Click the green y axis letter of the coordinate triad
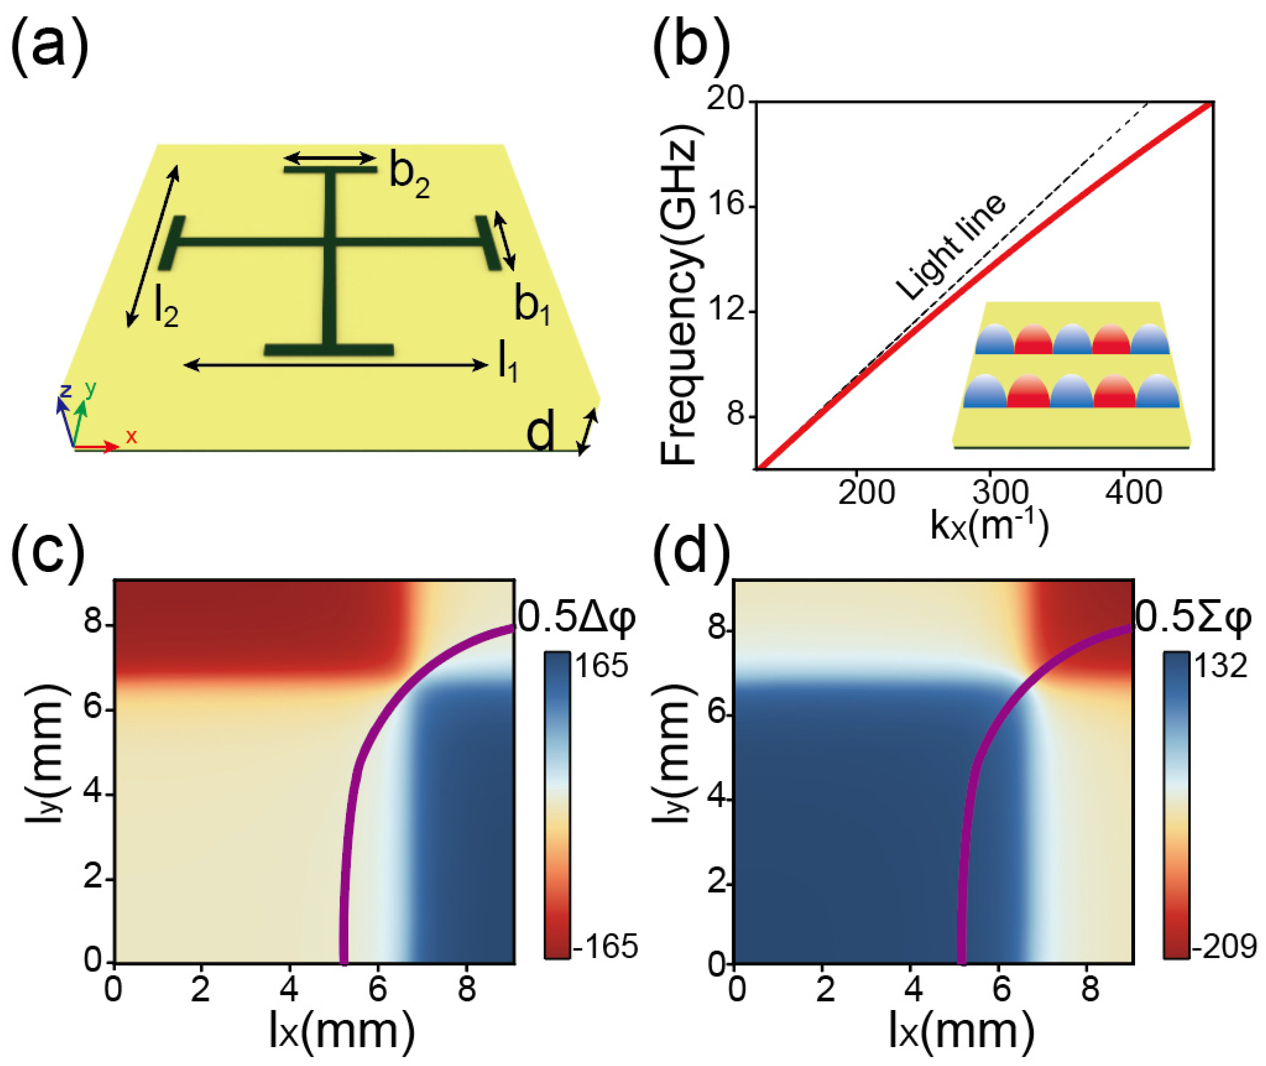coord(91,390)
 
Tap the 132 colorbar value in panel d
coord(1220,667)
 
